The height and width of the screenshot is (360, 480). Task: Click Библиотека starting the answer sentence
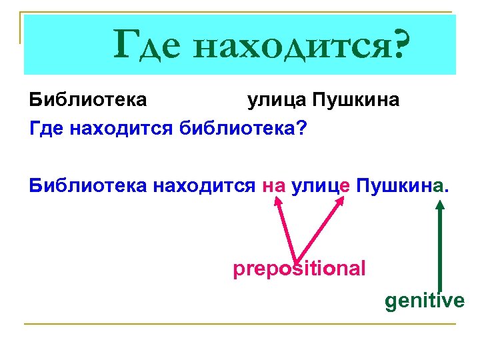tap(89, 185)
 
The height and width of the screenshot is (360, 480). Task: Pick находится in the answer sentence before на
tap(205, 185)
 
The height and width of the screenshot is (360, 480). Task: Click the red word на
tap(274, 185)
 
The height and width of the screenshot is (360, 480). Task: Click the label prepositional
tap(299, 269)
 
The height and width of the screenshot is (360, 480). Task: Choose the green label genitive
tap(425, 301)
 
